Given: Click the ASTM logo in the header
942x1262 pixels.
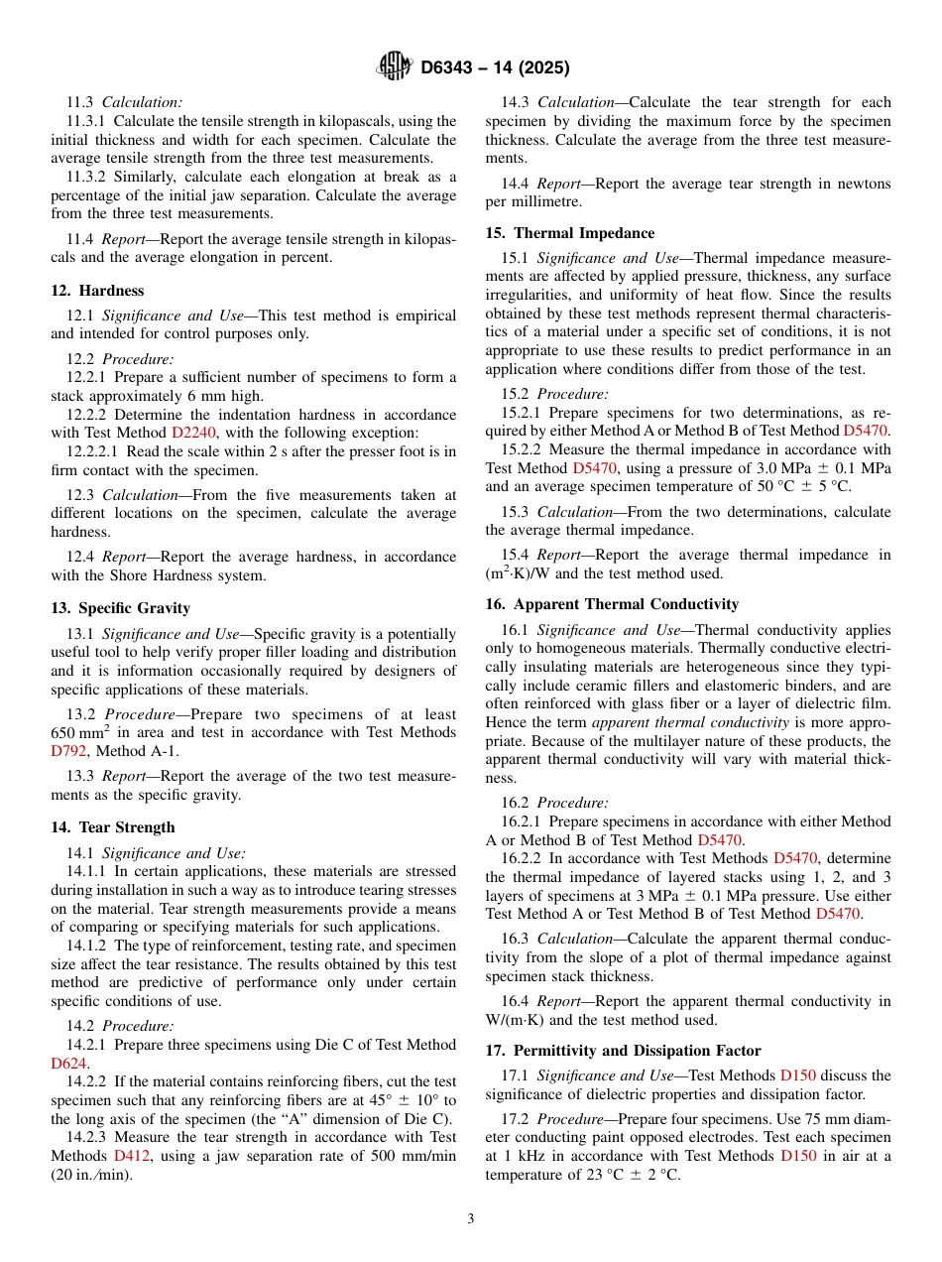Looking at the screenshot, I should pos(395,67).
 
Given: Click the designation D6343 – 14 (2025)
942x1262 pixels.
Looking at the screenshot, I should pos(495,68).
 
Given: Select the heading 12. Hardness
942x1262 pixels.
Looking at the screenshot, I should pos(97,291).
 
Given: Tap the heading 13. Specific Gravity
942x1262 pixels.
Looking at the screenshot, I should pos(120,608).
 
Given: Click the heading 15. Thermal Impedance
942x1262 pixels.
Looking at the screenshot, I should pos(570,233).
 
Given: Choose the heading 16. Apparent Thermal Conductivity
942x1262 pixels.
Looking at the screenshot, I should pos(612,604).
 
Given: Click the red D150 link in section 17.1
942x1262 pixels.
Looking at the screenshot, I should pos(798,1075).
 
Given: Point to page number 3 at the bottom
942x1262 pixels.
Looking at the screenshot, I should pos(471,1219).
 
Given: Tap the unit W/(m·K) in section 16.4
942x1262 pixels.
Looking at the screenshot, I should pos(521,1020).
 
